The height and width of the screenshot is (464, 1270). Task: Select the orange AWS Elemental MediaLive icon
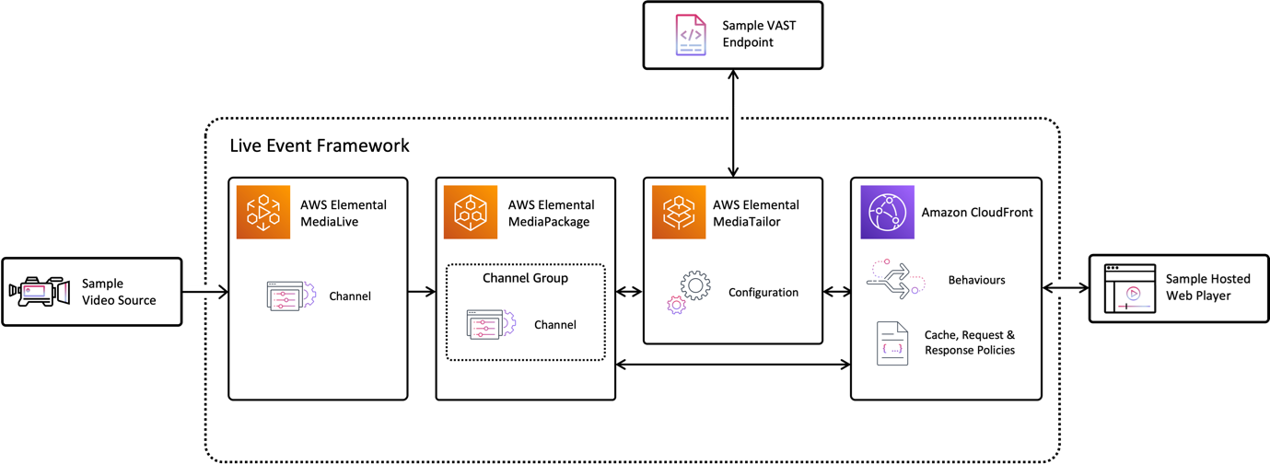point(263,213)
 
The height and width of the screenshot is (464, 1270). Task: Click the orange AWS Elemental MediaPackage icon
point(471,213)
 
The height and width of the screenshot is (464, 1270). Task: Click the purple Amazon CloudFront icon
point(887,213)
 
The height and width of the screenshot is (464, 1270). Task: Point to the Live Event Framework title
point(320,145)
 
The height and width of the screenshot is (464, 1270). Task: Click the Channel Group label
point(525,278)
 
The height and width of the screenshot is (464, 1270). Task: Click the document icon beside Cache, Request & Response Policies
point(891,342)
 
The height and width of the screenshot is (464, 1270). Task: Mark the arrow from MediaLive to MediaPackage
point(422,292)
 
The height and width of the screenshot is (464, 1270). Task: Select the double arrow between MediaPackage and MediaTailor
point(629,292)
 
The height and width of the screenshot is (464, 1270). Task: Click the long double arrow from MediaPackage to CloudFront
point(733,365)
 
